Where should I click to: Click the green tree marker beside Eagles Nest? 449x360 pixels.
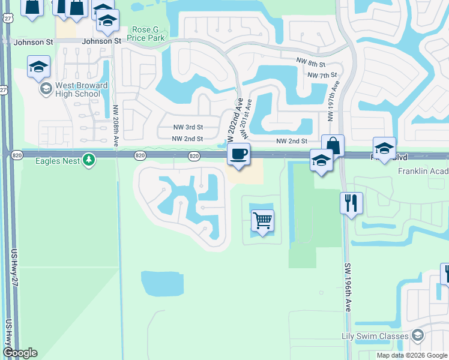[89, 160]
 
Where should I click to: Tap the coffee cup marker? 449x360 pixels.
[238, 154]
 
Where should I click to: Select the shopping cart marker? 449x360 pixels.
[262, 220]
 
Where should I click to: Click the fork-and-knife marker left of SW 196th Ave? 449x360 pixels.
[352, 203]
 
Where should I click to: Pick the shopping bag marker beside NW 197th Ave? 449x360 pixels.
[333, 145]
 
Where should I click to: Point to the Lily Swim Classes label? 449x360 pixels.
[375, 336]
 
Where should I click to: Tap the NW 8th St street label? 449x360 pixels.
[311, 63]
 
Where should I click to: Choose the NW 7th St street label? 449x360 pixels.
[322, 75]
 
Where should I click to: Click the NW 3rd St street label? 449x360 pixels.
[188, 127]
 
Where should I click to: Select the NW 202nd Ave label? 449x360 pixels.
[233, 120]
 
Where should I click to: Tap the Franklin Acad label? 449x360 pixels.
[423, 171]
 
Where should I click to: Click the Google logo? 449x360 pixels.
[20, 352]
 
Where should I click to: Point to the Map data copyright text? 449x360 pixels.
[411, 355]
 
